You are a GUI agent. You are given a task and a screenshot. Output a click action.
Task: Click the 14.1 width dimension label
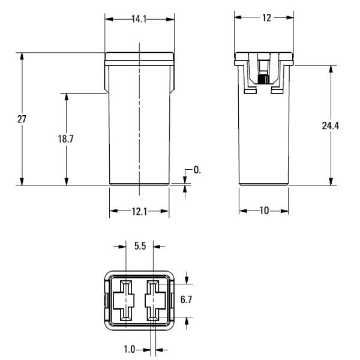pyautogui.click(x=139, y=19)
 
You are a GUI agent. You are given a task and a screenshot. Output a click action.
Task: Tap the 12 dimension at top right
pyautogui.click(x=266, y=18)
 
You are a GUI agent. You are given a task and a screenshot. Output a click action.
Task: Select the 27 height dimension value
pyautogui.click(x=22, y=119)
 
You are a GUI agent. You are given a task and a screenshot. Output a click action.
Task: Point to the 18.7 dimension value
pyautogui.click(x=65, y=139)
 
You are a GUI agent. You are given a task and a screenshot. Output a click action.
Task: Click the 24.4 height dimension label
pyautogui.click(x=331, y=126)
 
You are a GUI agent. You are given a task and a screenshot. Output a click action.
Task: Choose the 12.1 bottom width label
pyautogui.click(x=139, y=212)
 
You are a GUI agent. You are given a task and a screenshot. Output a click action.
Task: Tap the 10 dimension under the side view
pyautogui.click(x=264, y=211)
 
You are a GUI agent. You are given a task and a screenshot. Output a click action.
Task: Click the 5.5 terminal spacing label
pyautogui.click(x=140, y=246)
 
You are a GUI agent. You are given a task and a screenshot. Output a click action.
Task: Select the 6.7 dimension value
pyautogui.click(x=186, y=299)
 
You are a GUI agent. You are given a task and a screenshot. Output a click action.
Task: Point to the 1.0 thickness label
pyautogui.click(x=130, y=349)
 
